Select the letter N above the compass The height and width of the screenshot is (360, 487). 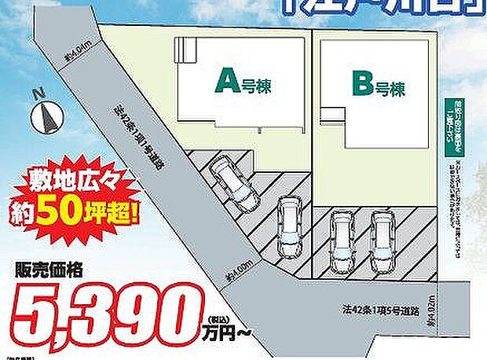coord(36,94)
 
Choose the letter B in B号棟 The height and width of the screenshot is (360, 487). coord(361,84)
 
